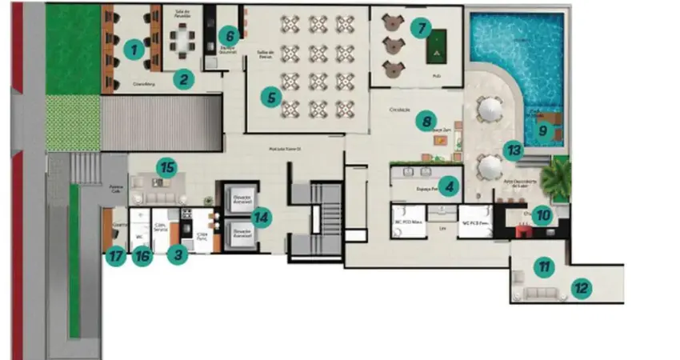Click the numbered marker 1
click(x=135, y=49)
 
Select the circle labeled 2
click(x=184, y=78)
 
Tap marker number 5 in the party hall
click(x=271, y=98)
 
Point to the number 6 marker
click(x=229, y=35)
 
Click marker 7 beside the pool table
click(x=419, y=28)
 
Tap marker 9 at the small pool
click(x=542, y=130)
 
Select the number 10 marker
click(x=542, y=214)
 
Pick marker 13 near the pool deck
click(x=513, y=148)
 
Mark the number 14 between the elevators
click(x=261, y=217)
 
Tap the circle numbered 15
click(x=166, y=167)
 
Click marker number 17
click(x=117, y=258)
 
